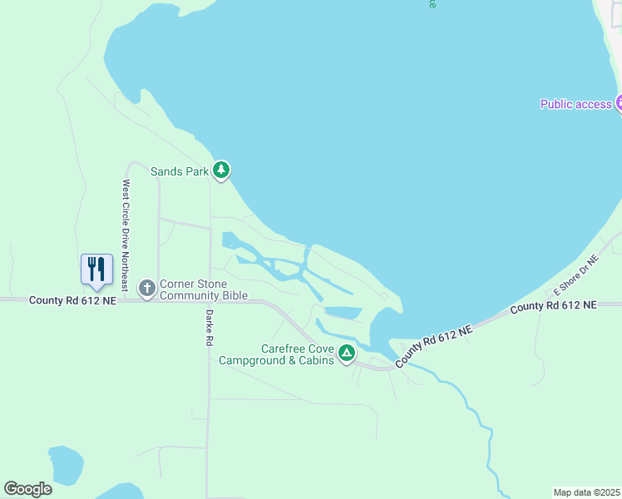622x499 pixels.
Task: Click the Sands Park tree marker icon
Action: point(220,170)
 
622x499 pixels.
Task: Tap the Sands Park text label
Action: point(178,171)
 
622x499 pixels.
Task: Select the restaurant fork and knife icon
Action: point(96,269)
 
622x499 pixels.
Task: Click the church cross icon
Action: point(147,289)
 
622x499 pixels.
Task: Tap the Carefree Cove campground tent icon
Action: point(347,353)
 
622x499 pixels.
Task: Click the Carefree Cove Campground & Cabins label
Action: point(276,354)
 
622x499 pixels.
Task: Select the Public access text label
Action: point(575,104)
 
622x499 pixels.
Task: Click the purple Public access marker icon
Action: point(619,103)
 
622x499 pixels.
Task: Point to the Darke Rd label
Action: point(210,327)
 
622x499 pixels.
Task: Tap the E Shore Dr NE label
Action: point(576,275)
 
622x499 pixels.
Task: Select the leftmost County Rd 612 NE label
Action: point(72,299)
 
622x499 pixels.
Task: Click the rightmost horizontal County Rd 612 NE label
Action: point(553,306)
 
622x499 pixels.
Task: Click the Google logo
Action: point(27,489)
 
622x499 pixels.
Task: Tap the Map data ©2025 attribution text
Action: point(586,492)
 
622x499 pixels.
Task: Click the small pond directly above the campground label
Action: point(343,313)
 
